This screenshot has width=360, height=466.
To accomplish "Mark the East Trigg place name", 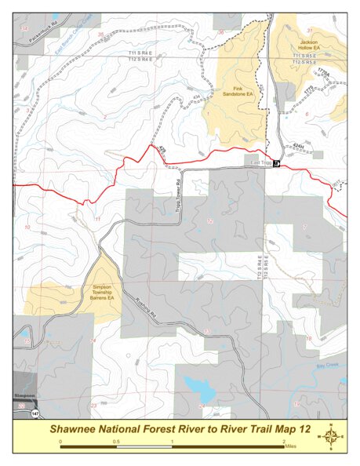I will pos(260,162).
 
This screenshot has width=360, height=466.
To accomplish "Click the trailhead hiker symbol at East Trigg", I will pos(277,162).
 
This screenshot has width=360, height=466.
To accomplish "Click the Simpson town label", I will pos(24,398).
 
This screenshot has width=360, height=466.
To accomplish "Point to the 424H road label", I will pos(297,146).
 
